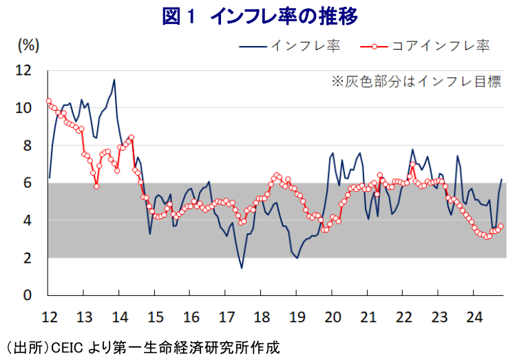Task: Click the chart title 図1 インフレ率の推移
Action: [260, 16]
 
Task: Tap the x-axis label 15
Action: [154, 317]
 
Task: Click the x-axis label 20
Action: [332, 317]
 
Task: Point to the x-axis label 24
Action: [474, 317]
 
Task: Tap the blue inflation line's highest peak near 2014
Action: [114, 80]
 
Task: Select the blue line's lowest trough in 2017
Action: [242, 268]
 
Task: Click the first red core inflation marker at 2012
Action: [49, 100]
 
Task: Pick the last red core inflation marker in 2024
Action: [501, 226]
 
